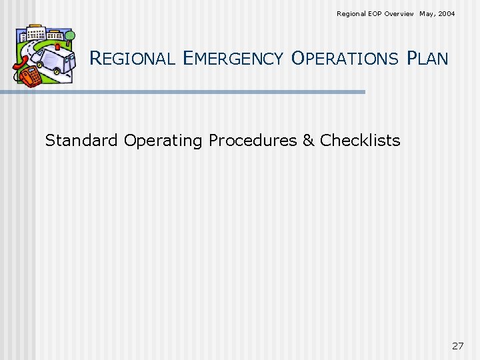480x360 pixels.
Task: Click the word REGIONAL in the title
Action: click(x=132, y=59)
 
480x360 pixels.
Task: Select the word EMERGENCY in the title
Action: click(x=233, y=59)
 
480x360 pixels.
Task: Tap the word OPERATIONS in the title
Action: click(x=345, y=59)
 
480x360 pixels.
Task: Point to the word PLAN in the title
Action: click(x=427, y=59)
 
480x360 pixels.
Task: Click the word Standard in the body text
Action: click(x=82, y=141)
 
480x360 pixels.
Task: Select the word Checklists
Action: click(x=360, y=141)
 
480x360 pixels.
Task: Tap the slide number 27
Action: click(x=457, y=345)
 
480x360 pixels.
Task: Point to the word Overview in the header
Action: click(x=399, y=13)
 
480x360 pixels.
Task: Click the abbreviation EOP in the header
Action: click(x=374, y=13)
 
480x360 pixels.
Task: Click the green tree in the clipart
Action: click(x=69, y=36)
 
